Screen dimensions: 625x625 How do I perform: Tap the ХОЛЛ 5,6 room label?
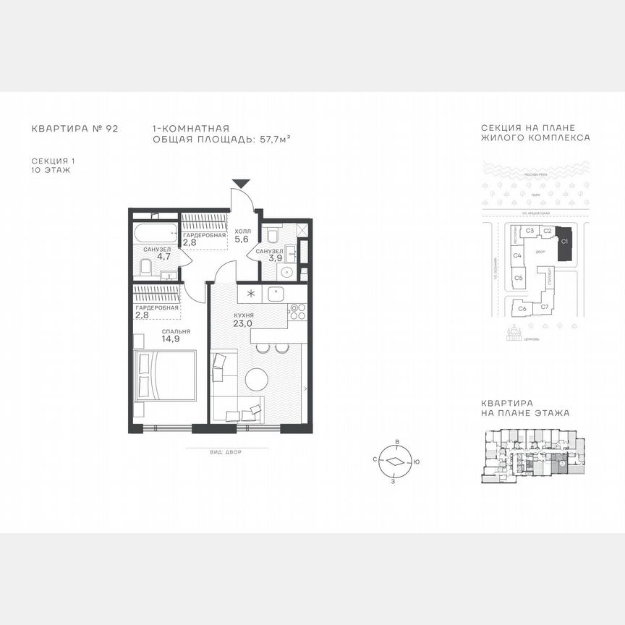pyautogui.click(x=242, y=236)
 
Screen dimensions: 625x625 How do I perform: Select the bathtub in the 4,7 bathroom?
pyautogui.click(x=155, y=233)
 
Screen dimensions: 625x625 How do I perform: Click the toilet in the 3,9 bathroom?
pyautogui.click(x=273, y=236)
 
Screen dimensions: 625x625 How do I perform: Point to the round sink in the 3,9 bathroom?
pyautogui.click(x=286, y=273)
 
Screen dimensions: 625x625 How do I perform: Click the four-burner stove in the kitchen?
pyautogui.click(x=297, y=312)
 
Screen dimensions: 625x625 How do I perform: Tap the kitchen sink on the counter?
pyautogui.click(x=277, y=294)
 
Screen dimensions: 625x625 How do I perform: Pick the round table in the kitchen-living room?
pyautogui.click(x=257, y=380)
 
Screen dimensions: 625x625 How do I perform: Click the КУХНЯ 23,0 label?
pyautogui.click(x=242, y=320)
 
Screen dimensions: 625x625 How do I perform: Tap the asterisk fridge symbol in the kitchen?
pyautogui.click(x=250, y=294)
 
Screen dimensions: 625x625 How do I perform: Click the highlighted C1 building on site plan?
pyautogui.click(x=565, y=244)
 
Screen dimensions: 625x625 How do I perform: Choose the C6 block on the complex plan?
pyautogui.click(x=522, y=309)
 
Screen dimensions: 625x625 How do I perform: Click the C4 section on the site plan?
pyautogui.click(x=518, y=255)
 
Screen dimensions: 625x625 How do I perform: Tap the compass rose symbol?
pyautogui.click(x=395, y=462)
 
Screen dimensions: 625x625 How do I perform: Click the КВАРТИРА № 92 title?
pyautogui.click(x=75, y=129)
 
